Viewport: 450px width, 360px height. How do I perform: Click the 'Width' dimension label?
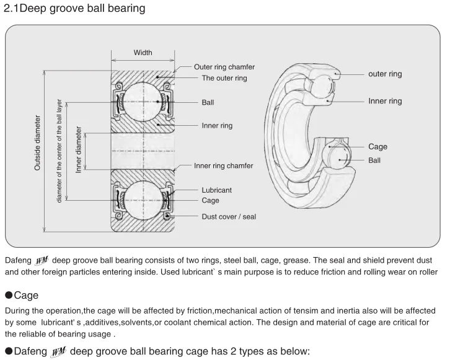[x=143, y=53]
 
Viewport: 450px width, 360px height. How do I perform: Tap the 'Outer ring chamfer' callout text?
[x=224, y=67]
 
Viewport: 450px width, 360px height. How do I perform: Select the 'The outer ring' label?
[x=224, y=78]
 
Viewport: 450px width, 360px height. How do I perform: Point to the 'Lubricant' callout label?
[x=216, y=190]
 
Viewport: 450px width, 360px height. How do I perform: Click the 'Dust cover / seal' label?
[x=229, y=217]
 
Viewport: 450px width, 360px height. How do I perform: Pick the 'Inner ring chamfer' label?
[x=223, y=166]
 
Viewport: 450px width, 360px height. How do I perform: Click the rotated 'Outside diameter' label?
[x=37, y=143]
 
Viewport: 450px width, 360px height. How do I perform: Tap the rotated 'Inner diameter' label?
[x=78, y=150]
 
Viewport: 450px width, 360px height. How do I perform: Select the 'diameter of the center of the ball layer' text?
[x=59, y=151]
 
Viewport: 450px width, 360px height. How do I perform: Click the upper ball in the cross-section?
[x=143, y=102]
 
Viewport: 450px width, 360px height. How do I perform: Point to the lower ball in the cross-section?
[x=143, y=200]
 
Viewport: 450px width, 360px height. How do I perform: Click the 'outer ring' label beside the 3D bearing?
[x=385, y=74]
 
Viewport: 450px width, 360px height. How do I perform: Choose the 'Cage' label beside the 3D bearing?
[x=377, y=147]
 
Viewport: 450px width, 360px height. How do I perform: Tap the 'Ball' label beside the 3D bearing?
[x=374, y=160]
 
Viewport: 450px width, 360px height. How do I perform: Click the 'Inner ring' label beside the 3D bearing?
[x=385, y=101]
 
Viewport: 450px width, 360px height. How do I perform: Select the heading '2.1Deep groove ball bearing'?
[x=74, y=8]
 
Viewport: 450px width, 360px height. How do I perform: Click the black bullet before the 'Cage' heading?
[x=9, y=295]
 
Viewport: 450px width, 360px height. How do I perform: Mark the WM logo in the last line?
[x=58, y=352]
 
